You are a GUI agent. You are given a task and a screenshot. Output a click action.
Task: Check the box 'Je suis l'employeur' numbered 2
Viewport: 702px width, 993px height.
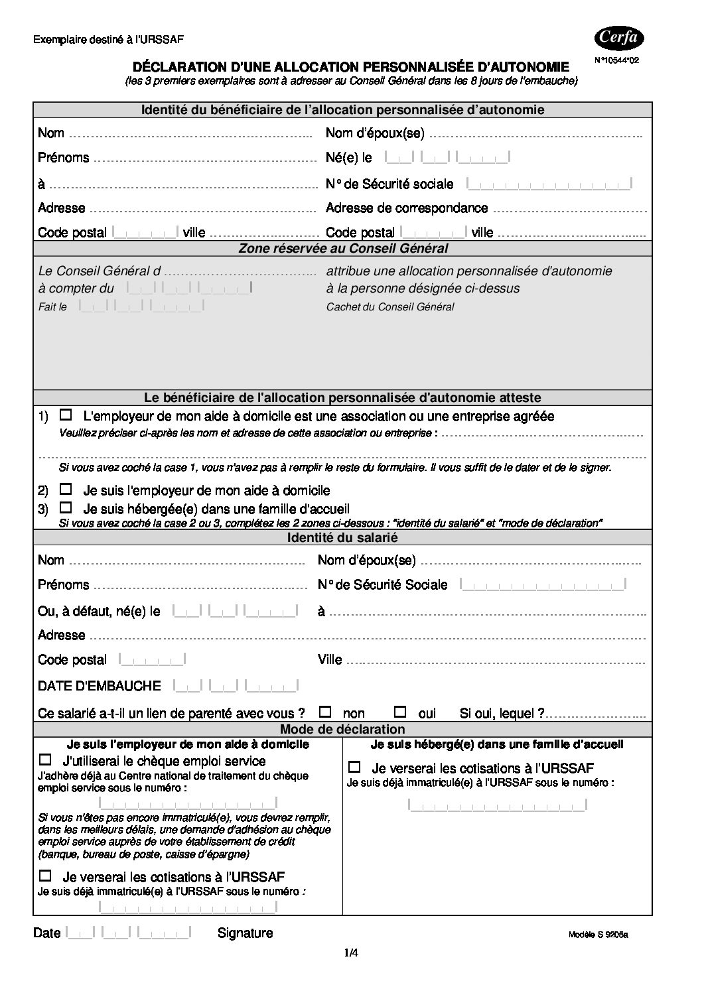[66, 490]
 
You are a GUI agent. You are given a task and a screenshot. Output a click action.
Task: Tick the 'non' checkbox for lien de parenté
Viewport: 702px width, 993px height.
[325, 712]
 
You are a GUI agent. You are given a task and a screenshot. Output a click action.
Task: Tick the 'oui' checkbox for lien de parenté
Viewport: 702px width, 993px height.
[400, 712]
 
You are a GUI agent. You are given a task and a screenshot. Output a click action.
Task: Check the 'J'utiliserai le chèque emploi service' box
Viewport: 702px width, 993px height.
[46, 760]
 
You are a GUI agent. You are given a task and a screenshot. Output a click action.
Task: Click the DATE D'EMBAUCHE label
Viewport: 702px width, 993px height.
[100, 686]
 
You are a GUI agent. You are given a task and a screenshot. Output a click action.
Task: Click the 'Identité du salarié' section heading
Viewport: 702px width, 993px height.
[342, 538]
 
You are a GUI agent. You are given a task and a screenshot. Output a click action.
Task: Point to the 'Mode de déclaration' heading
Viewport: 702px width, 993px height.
[342, 730]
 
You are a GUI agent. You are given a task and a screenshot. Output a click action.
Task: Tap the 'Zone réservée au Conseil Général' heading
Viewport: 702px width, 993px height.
[342, 249]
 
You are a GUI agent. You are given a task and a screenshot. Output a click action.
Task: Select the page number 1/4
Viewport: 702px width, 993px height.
[351, 953]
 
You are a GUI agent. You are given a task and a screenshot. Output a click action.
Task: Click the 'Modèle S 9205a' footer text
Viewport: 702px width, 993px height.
[598, 935]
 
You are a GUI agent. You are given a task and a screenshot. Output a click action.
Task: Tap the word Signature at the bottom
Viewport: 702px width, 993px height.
[245, 933]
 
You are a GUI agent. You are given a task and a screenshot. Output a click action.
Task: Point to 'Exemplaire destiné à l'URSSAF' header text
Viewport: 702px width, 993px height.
[108, 40]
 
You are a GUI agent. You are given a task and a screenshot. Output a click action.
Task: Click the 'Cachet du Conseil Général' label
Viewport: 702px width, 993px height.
[390, 307]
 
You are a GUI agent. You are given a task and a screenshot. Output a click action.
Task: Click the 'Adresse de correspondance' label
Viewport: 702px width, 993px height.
[407, 208]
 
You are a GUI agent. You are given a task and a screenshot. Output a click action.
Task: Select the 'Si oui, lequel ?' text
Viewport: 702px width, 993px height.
[502, 714]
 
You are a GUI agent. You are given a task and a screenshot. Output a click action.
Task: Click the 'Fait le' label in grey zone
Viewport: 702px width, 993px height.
[52, 307]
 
